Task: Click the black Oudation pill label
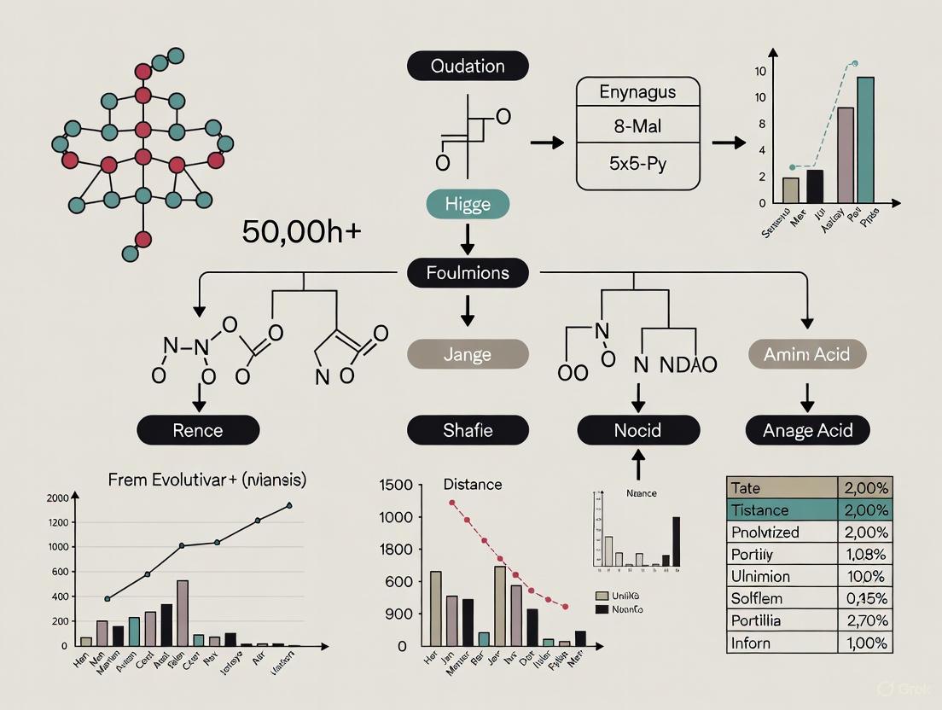click(x=468, y=67)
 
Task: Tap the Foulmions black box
click(x=468, y=273)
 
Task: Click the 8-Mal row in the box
click(x=638, y=126)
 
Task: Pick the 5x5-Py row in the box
click(x=638, y=162)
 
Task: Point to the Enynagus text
click(x=638, y=91)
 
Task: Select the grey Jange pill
click(x=467, y=353)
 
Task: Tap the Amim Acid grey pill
click(x=807, y=353)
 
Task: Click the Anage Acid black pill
click(x=807, y=430)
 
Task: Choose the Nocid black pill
click(x=637, y=430)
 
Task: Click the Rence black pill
click(x=199, y=430)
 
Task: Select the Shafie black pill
click(x=467, y=430)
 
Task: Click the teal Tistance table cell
click(x=781, y=510)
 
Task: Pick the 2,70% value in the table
click(x=864, y=620)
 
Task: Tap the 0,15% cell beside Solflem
click(x=864, y=598)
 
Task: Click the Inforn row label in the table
click(x=751, y=643)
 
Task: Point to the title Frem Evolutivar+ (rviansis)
click(x=207, y=480)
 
